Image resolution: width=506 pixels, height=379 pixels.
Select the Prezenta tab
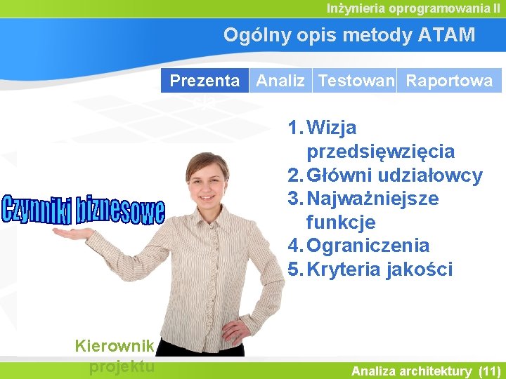205,81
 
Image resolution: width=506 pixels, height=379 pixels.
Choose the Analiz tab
280,81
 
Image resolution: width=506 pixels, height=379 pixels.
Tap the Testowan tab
356,81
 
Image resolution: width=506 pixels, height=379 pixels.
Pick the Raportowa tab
450,81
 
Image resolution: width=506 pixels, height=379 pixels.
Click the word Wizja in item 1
332,128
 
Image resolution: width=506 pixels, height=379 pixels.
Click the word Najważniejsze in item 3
372,199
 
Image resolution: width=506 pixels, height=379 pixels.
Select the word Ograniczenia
368,246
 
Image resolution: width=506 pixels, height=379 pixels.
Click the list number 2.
294,175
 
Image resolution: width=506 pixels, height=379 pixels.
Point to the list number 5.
294,270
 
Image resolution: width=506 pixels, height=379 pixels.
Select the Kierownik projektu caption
114,355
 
